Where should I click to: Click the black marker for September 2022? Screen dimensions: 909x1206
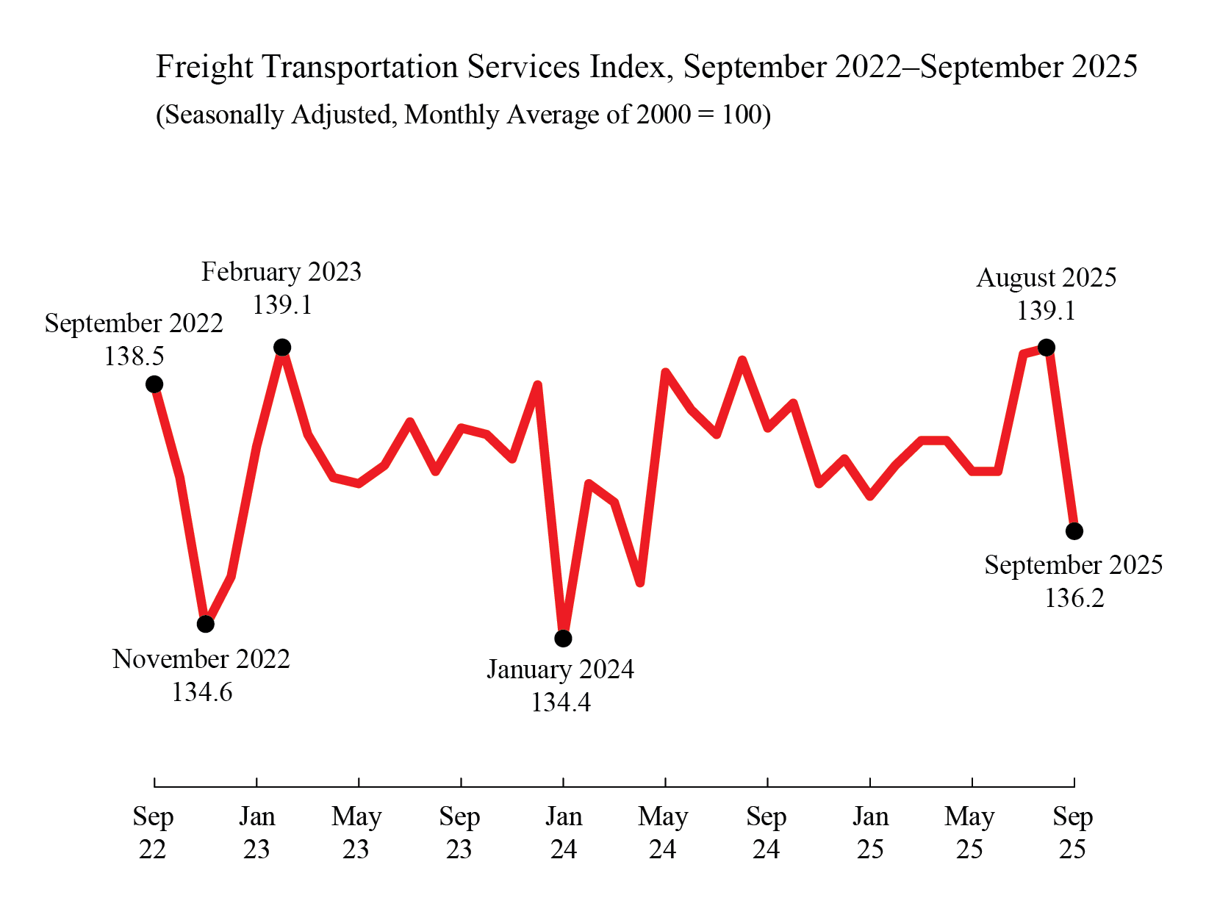click(154, 384)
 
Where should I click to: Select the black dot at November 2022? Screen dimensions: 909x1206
click(206, 624)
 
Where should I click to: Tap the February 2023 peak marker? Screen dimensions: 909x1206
click(282, 347)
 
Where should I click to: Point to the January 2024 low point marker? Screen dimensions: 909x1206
click(563, 639)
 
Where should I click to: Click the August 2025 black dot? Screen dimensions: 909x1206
click(1047, 347)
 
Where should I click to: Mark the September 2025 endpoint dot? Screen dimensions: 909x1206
click(1074, 531)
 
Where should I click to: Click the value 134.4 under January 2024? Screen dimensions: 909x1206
click(561, 703)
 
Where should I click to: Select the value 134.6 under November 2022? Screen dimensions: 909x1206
click(202, 692)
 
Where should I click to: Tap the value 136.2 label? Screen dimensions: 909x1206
click(1074, 598)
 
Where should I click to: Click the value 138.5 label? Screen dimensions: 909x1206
click(134, 356)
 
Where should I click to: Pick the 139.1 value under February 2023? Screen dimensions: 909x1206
click(282, 304)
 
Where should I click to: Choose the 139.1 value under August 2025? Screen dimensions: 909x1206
click(1046, 311)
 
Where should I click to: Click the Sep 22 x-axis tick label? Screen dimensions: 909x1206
click(153, 833)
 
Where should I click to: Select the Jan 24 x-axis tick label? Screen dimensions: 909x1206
click(564, 833)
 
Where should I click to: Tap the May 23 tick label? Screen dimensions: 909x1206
click(356, 833)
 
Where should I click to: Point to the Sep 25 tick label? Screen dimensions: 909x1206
click(1073, 833)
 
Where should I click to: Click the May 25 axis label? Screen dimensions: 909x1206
click(970, 833)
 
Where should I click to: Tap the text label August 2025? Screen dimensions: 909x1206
click(1046, 278)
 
